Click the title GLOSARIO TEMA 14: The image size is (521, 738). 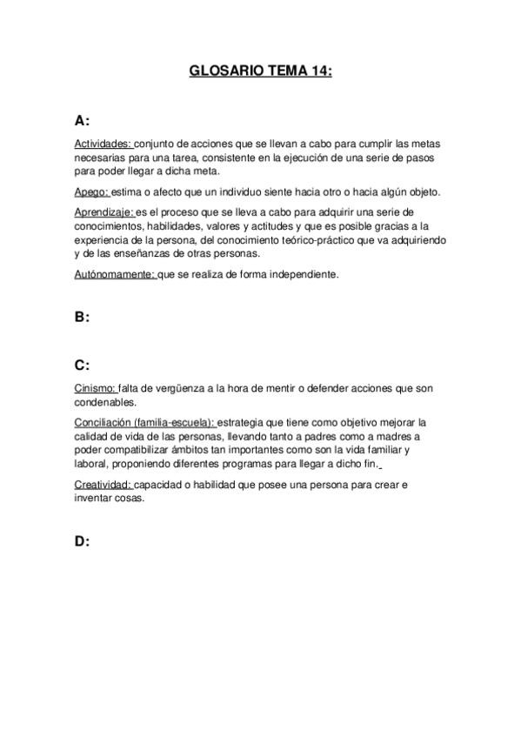click(260, 72)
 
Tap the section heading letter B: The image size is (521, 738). click(83, 318)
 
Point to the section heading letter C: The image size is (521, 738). click(83, 366)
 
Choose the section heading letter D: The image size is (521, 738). click(83, 540)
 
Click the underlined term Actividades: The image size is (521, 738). click(104, 144)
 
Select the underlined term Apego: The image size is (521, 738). click(92, 191)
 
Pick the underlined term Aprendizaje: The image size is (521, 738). click(104, 211)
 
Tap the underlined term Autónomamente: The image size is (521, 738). click(115, 274)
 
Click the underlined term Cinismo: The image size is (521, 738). click(95, 389)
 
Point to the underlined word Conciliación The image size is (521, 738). click(104, 421)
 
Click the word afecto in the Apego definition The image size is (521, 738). click(164, 191)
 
